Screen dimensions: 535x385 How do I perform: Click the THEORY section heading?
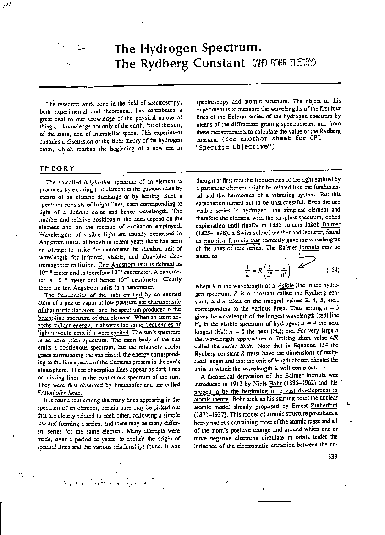[57, 168]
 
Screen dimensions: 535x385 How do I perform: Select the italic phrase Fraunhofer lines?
[60, 393]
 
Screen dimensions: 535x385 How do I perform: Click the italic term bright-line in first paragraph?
[97, 182]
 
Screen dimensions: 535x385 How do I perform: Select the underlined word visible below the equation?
[286, 284]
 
